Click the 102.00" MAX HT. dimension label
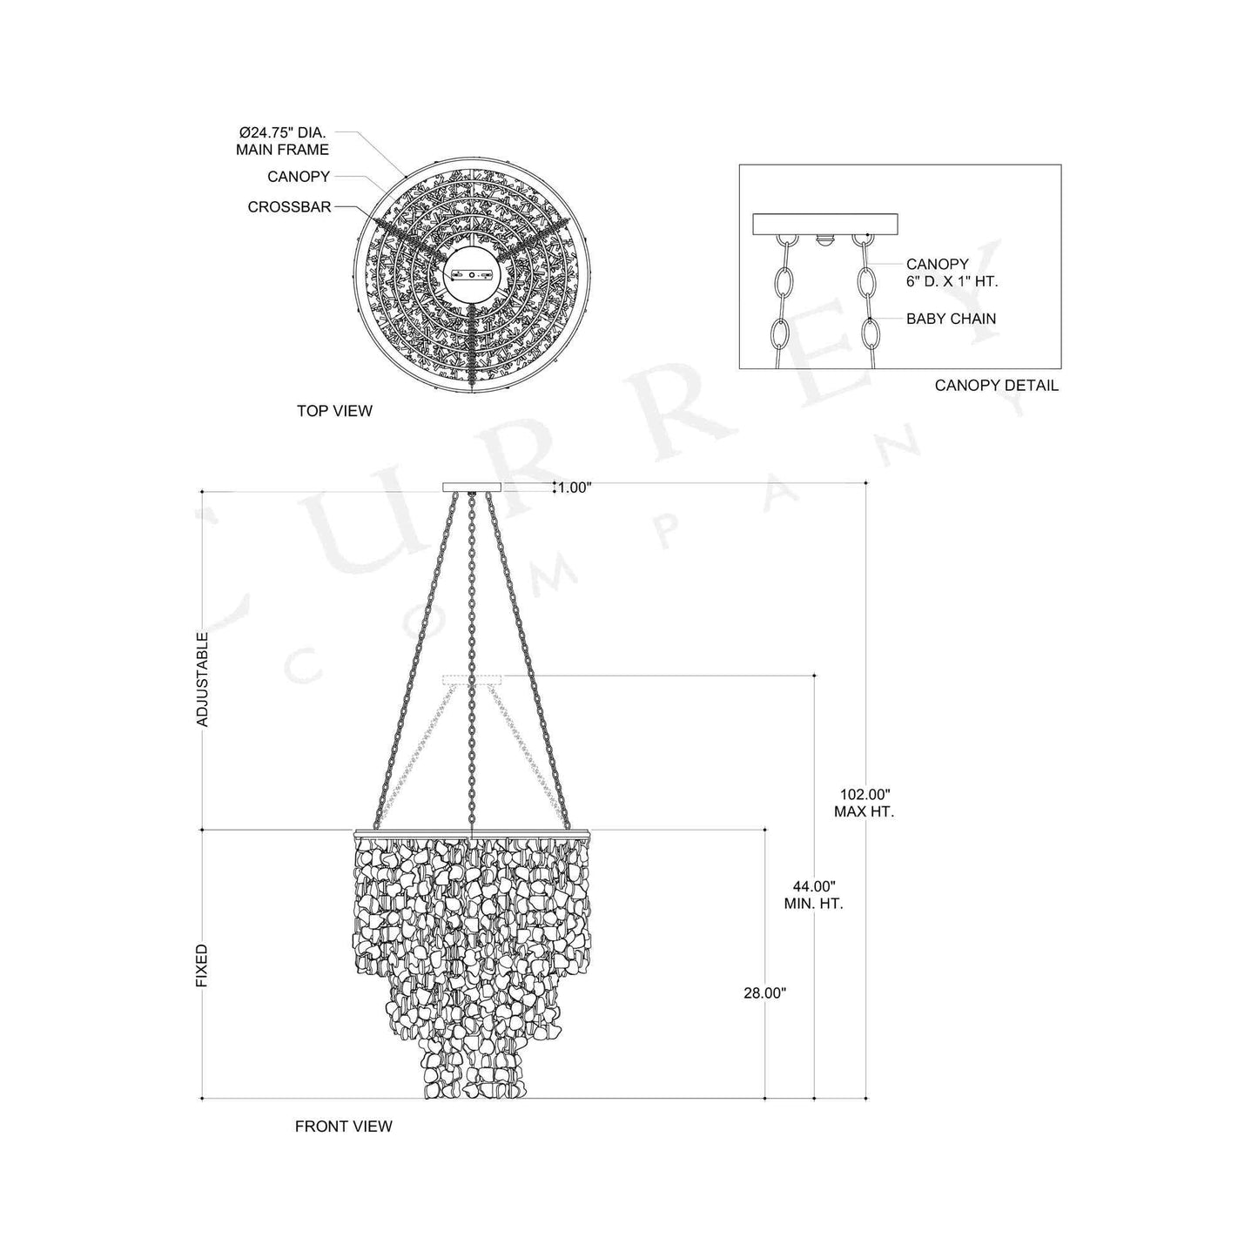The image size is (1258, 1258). point(865,803)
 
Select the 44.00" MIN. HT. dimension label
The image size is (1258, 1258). point(813,895)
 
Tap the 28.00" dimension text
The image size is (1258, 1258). point(766,992)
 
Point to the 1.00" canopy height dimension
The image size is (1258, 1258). point(574,488)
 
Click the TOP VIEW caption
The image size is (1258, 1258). point(334,411)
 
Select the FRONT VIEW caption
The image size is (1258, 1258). point(343,1127)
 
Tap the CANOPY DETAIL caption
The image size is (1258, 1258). point(996,385)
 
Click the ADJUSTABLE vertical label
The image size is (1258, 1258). point(202,680)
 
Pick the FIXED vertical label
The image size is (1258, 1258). point(202,965)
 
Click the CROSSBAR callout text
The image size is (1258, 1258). point(289,207)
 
